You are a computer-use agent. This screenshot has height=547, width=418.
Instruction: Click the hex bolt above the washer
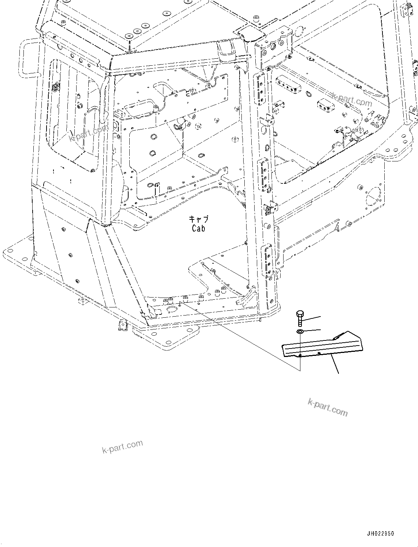click(300, 318)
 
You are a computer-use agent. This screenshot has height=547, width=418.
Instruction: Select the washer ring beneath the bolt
click(300, 332)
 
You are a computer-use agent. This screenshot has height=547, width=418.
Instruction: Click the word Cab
click(199, 228)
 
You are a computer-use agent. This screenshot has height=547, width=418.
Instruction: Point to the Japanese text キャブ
click(199, 219)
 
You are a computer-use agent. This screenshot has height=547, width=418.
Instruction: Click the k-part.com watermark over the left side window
click(89, 133)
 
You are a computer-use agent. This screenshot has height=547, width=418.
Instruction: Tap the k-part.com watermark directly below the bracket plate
click(328, 407)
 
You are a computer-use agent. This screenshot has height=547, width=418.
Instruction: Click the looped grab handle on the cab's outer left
click(29, 59)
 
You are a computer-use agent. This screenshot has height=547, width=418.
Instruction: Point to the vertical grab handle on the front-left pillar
click(105, 97)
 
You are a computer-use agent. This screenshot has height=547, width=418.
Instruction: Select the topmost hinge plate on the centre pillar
click(261, 88)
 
